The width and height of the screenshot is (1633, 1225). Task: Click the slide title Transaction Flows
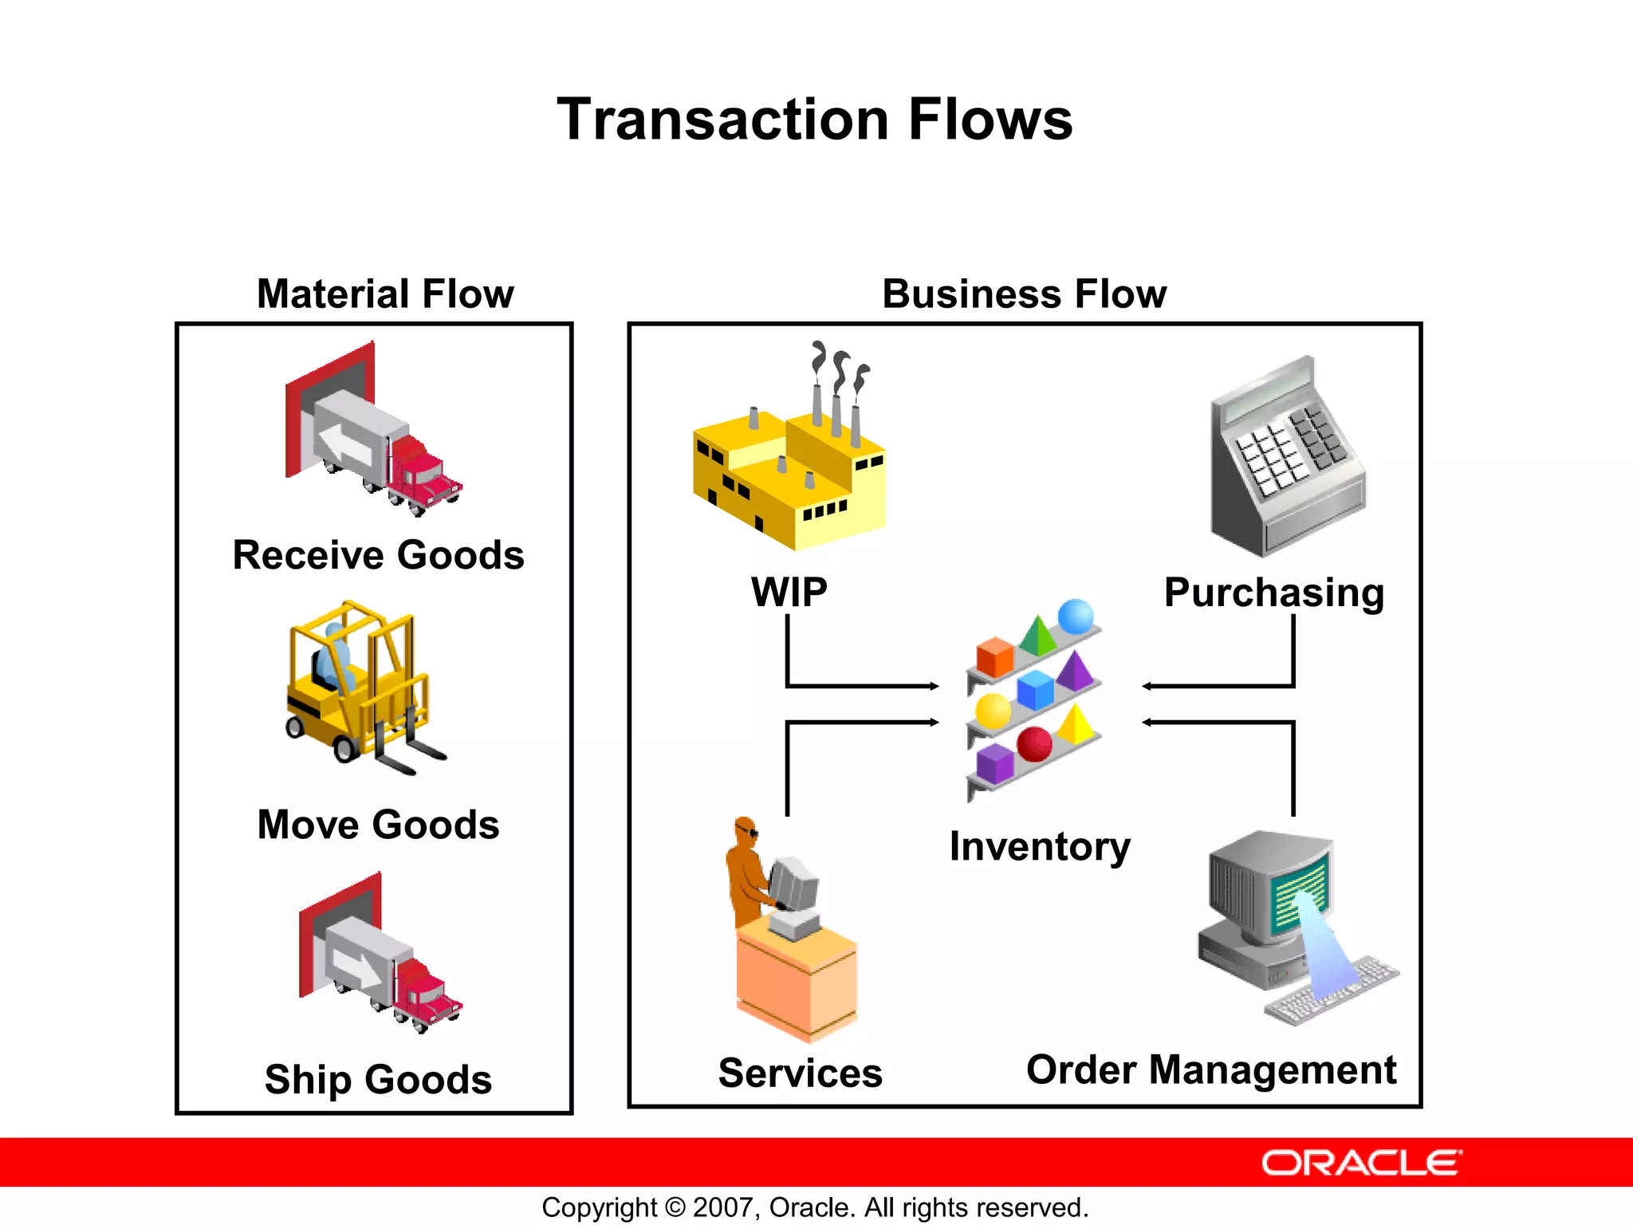click(x=814, y=120)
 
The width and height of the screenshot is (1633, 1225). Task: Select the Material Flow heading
click(x=385, y=293)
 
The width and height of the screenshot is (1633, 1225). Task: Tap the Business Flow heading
click(x=1024, y=293)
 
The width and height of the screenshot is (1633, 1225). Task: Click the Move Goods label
click(x=378, y=825)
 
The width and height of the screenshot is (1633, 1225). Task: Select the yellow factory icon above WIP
click(x=789, y=471)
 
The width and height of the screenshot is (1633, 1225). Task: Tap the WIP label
click(x=789, y=592)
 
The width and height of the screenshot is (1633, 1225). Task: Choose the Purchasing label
click(x=1273, y=593)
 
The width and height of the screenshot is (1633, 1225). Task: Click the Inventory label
click(x=1040, y=846)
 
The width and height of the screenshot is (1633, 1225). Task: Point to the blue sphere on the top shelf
click(x=1076, y=616)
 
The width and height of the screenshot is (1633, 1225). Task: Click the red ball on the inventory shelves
click(x=1034, y=744)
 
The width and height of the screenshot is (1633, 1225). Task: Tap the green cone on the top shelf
click(x=1037, y=636)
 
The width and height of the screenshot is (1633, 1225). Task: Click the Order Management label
click(x=1210, y=1069)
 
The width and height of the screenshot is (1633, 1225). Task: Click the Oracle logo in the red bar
click(x=1361, y=1163)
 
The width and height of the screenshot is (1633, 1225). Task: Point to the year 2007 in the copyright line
click(x=722, y=1207)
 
